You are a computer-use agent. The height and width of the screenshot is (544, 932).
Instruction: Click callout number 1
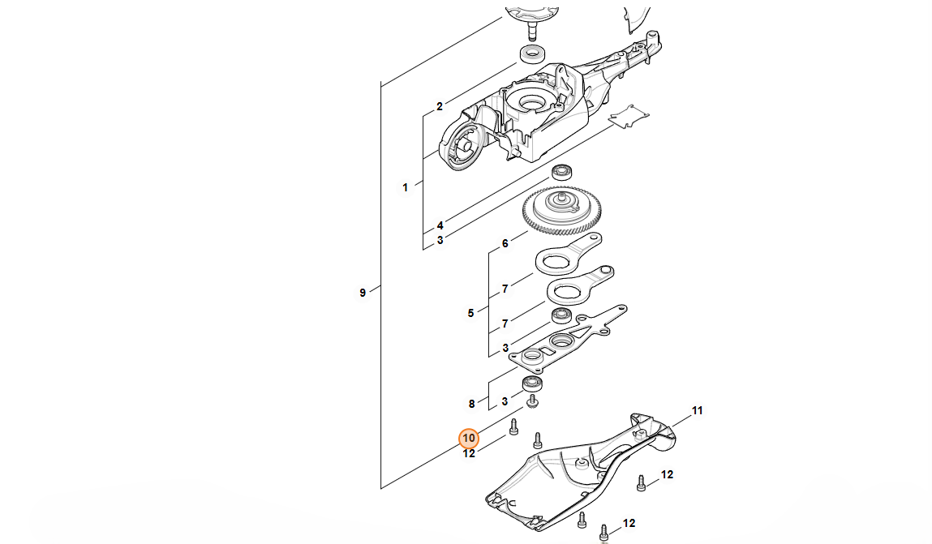[x=405, y=187]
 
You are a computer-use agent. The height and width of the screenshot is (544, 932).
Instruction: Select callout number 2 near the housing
[x=439, y=106]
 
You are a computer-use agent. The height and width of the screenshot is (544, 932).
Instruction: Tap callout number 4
[x=440, y=225]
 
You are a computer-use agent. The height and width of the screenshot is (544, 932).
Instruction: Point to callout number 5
[x=470, y=313]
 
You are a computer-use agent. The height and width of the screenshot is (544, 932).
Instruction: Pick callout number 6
[x=505, y=243]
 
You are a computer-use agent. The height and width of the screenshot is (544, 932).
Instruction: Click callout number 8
[x=470, y=403]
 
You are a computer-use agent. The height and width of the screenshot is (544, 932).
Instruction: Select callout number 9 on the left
[x=363, y=293]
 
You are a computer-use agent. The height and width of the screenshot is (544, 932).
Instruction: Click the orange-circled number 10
[x=469, y=439]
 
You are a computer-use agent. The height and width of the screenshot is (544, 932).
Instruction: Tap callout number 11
[x=697, y=411]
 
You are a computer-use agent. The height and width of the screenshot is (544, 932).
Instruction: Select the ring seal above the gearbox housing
[x=532, y=55]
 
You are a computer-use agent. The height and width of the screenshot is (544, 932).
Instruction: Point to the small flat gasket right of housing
[x=630, y=117]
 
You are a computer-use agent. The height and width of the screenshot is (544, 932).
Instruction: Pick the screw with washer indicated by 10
[x=533, y=401]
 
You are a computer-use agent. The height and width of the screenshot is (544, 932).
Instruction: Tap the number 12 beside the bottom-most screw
[x=629, y=524]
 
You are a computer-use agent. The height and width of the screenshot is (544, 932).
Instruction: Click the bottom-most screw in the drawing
[x=603, y=533]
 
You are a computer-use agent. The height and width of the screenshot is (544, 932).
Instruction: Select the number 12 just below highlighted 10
[x=469, y=454]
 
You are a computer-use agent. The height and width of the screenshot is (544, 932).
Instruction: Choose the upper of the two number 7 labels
[x=505, y=289]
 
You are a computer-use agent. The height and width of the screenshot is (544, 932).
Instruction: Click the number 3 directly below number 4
[x=440, y=240]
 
